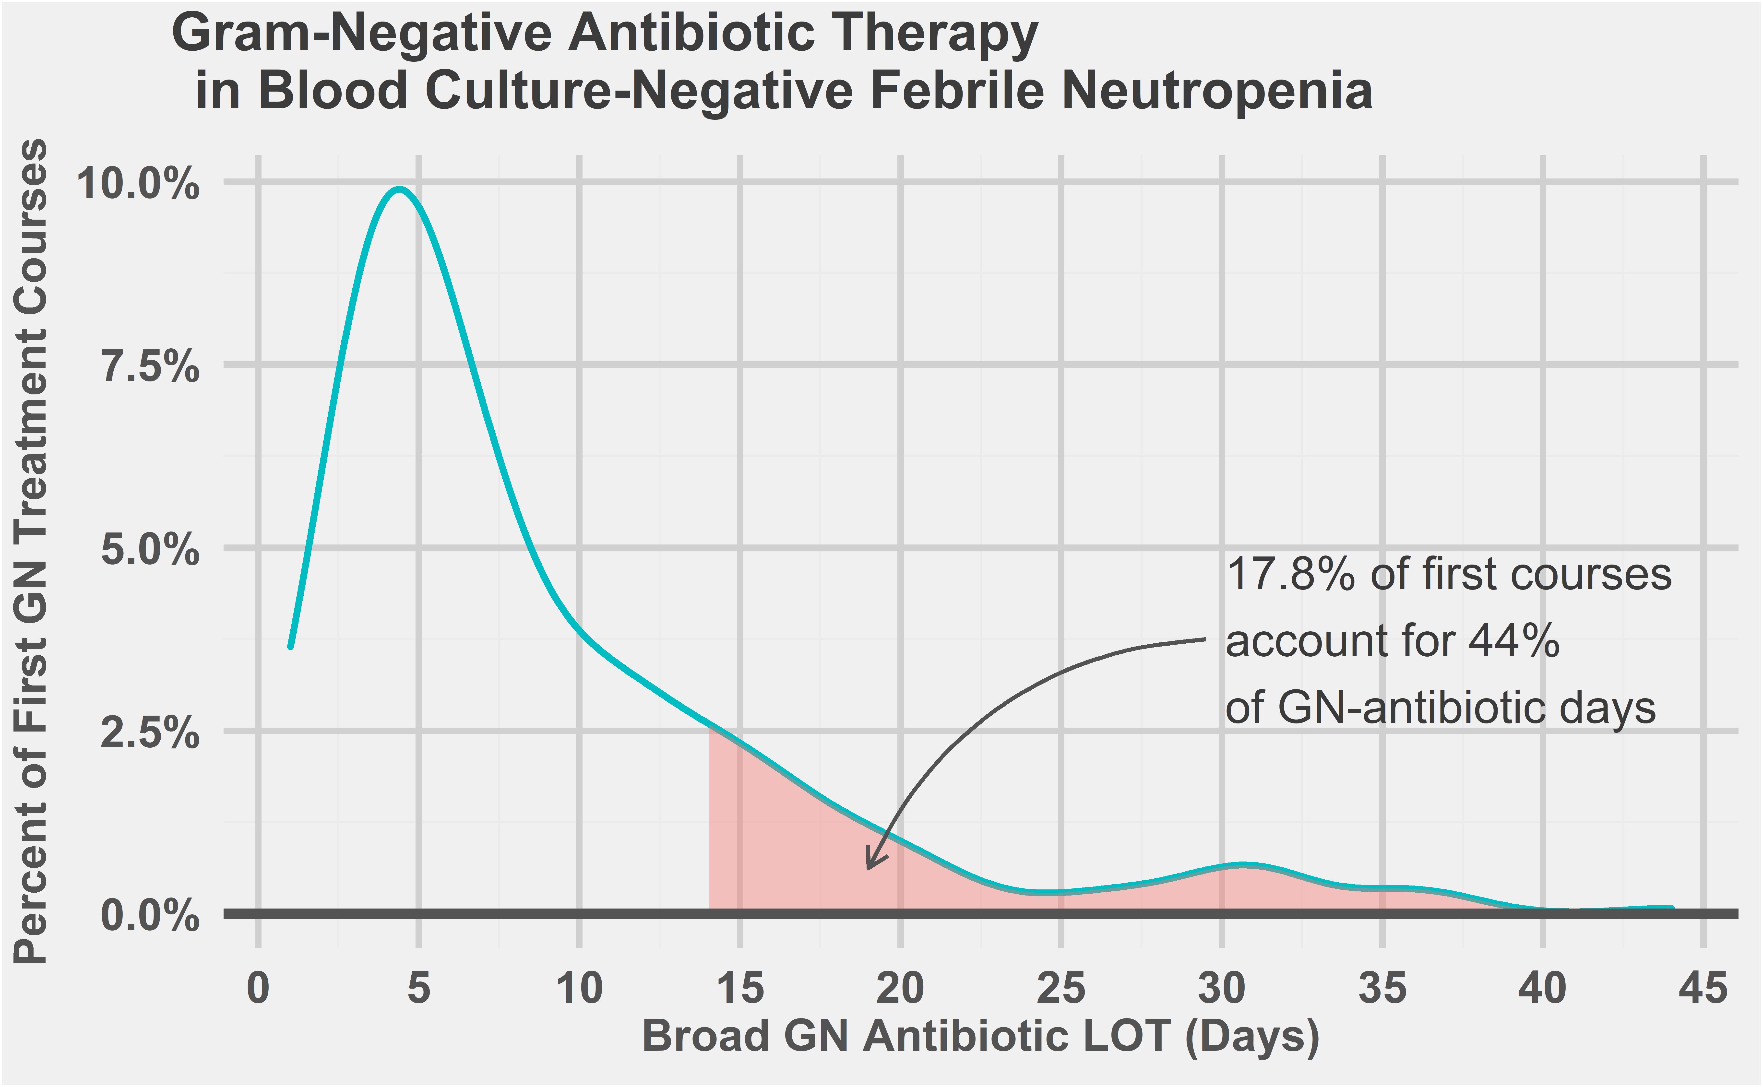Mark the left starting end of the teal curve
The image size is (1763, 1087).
[x=290, y=646]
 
